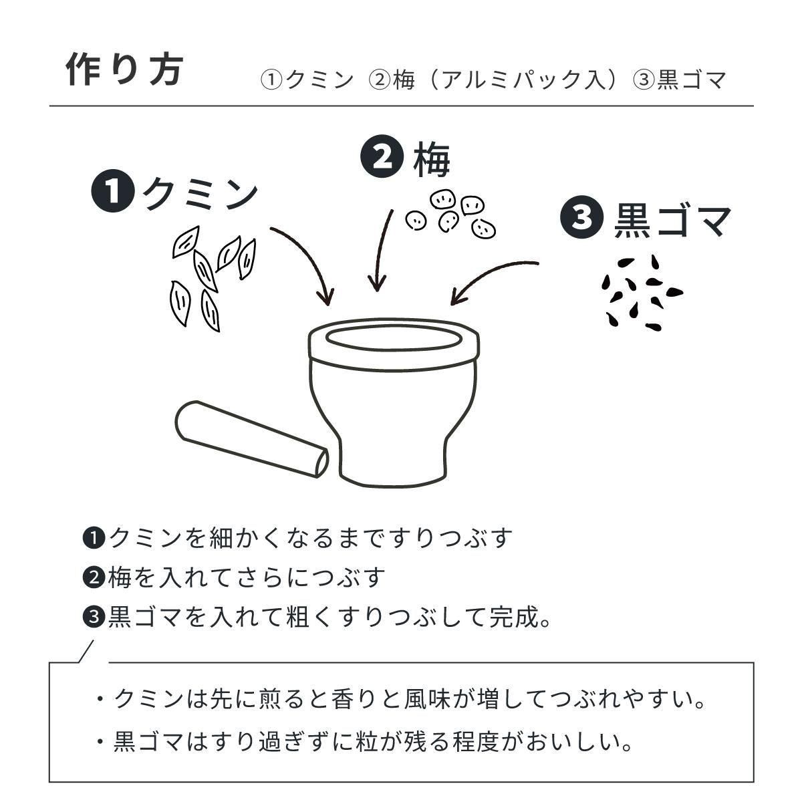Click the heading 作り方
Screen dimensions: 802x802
pyautogui.click(x=125, y=70)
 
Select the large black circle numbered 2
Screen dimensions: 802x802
pyautogui.click(x=382, y=158)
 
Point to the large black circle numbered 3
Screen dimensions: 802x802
pyautogui.click(x=582, y=217)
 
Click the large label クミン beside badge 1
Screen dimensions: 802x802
pyautogui.click(x=200, y=194)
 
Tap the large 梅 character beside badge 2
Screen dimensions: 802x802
pyautogui.click(x=432, y=160)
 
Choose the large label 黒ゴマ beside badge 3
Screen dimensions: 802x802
pyautogui.click(x=672, y=220)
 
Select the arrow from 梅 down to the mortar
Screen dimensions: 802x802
pyautogui.click(x=381, y=250)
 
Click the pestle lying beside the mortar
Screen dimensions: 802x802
pyautogui.click(x=252, y=440)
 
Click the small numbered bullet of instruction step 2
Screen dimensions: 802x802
pyautogui.click(x=94, y=578)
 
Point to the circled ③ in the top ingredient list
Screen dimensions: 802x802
pyautogui.click(x=644, y=80)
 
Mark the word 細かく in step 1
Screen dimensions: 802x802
pyautogui.click(x=245, y=538)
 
